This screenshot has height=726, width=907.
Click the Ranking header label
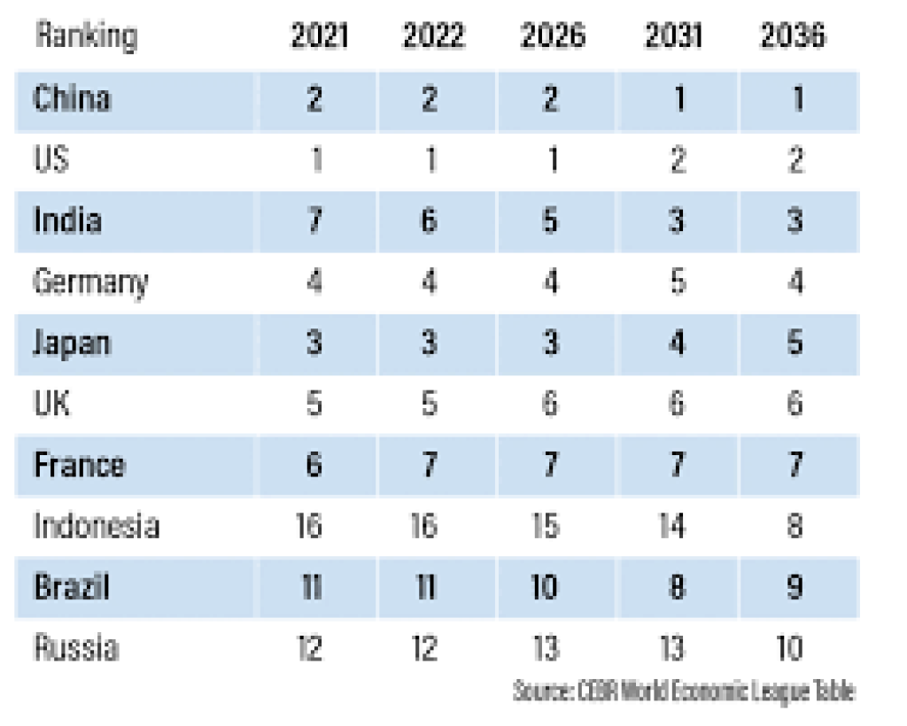[x=85, y=36]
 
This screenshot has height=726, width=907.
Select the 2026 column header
[x=552, y=36]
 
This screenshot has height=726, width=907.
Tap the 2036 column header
[x=793, y=36]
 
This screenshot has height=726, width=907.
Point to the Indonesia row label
[x=96, y=526]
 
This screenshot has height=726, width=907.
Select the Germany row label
[x=89, y=282]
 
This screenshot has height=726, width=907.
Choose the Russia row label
[x=75, y=648]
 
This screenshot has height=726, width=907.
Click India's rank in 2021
[x=315, y=220]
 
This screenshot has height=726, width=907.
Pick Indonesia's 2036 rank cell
[x=795, y=526]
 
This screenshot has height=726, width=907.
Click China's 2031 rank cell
[x=678, y=98]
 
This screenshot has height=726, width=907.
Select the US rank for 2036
[x=795, y=160]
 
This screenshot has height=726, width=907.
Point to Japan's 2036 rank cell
[x=795, y=343]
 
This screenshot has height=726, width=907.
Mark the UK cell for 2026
[x=549, y=404]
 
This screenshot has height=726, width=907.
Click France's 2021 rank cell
[x=315, y=465]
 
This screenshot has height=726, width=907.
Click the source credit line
[x=684, y=691]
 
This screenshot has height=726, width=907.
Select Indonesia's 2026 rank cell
[x=547, y=526]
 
